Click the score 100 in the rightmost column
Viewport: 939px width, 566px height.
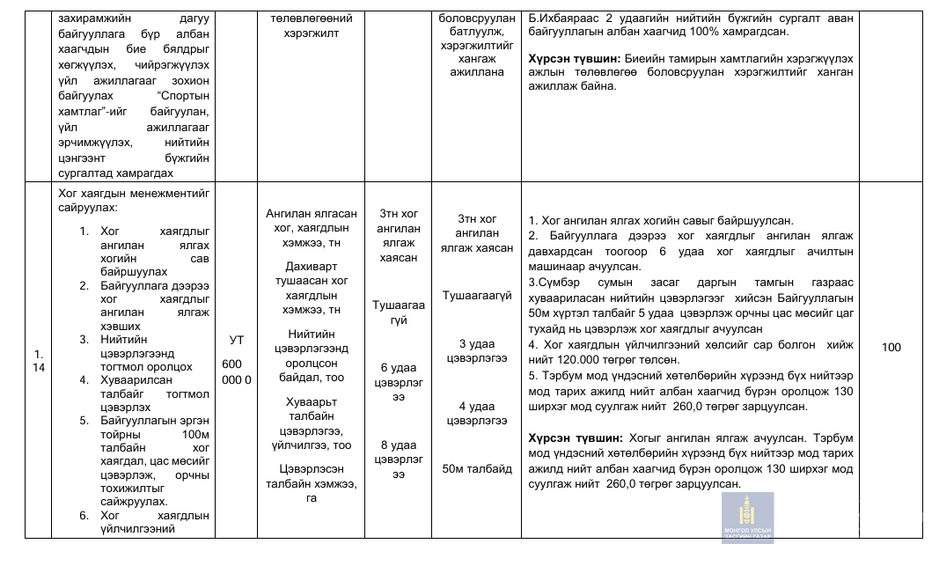(x=891, y=348)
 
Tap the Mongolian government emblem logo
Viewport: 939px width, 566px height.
(x=747, y=518)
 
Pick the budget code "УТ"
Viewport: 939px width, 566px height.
(x=236, y=339)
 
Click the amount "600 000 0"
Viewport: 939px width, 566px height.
(x=236, y=371)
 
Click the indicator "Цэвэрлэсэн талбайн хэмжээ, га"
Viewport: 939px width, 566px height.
(x=318, y=483)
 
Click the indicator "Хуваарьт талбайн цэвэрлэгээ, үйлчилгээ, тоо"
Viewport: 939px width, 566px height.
(x=318, y=423)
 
